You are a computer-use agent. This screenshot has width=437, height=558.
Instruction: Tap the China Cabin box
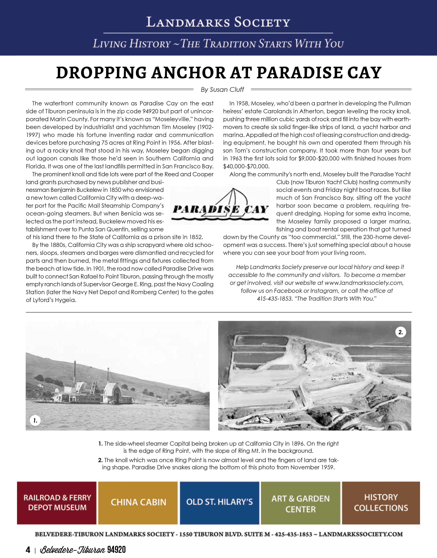click(138, 502)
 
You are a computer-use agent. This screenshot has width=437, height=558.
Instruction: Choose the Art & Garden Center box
click(300, 502)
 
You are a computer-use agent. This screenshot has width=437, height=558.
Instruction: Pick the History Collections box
click(381, 502)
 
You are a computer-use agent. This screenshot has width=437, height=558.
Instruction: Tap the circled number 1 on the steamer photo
click(35, 420)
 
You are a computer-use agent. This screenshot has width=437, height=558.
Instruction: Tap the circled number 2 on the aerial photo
click(400, 332)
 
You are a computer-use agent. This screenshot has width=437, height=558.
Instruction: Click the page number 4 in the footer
click(28, 550)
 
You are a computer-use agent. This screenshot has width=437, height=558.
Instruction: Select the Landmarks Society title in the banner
click(218, 22)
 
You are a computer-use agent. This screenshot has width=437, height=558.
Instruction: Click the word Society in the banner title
click(262, 22)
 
